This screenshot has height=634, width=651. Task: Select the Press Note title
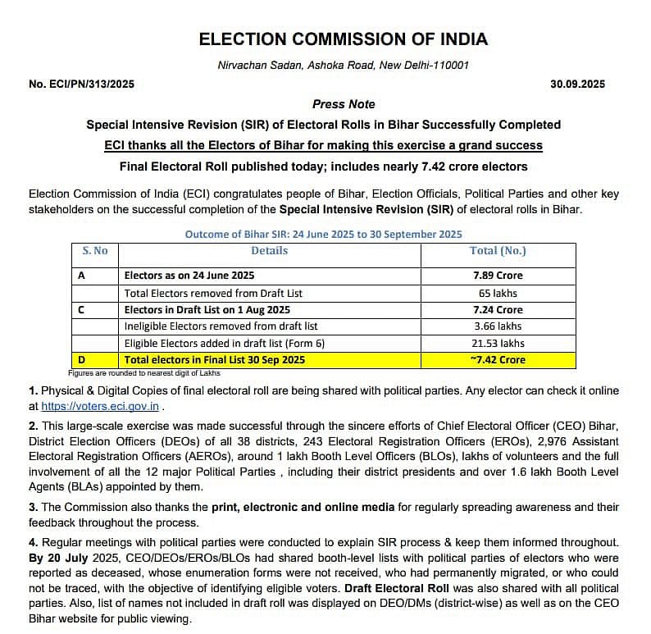tap(344, 104)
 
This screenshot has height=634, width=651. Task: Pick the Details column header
tap(269, 251)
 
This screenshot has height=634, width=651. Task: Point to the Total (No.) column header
tap(498, 251)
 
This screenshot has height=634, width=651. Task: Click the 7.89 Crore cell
tap(498, 276)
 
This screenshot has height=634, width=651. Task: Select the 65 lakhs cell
tap(498, 293)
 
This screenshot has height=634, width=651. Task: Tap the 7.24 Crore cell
tap(498, 310)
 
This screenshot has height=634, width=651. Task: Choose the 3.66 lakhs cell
tap(498, 326)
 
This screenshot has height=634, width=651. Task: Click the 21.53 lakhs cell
tap(498, 343)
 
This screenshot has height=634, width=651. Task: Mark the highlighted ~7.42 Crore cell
tap(498, 360)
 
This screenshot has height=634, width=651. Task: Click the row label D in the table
tap(82, 360)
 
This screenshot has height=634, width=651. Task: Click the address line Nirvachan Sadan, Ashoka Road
tap(344, 65)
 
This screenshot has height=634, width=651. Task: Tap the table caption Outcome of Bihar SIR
tap(324, 234)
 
